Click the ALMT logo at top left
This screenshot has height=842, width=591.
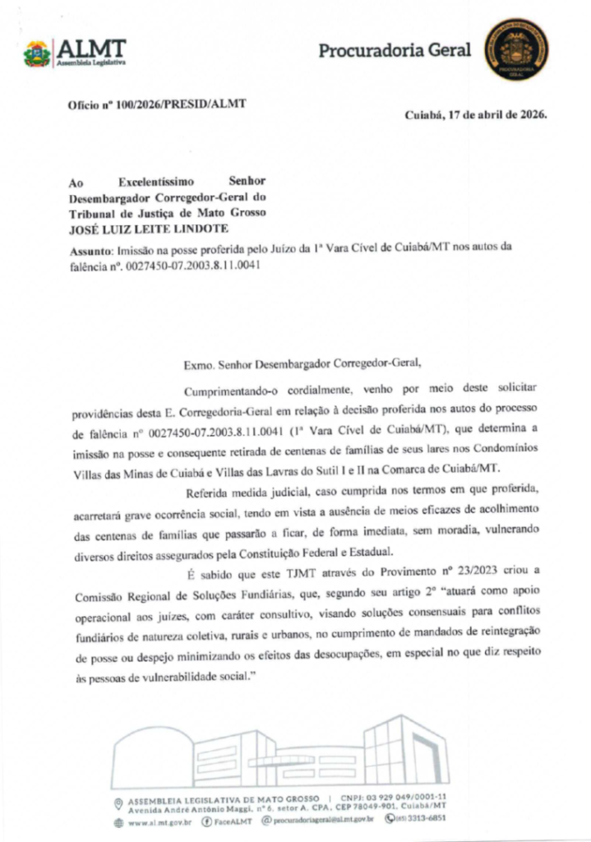[x=75, y=53]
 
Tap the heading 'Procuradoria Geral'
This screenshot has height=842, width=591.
[x=395, y=51]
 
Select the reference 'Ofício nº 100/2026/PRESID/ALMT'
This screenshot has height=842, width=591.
[x=157, y=104]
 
